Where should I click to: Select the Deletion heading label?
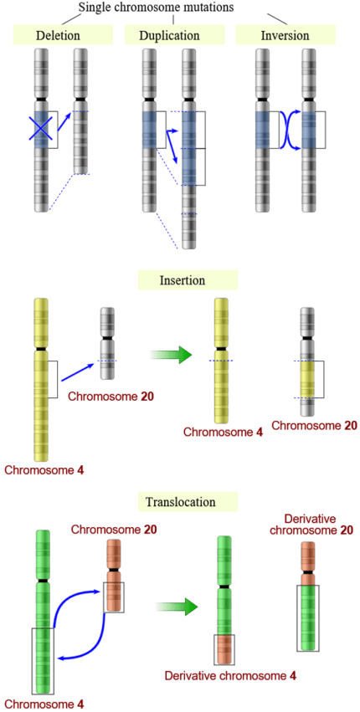click(x=64, y=35)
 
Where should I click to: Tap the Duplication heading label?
click(x=174, y=35)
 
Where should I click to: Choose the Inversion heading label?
click(x=285, y=35)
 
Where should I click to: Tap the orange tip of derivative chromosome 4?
click(x=224, y=648)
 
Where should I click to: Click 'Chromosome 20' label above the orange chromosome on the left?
click(x=114, y=530)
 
